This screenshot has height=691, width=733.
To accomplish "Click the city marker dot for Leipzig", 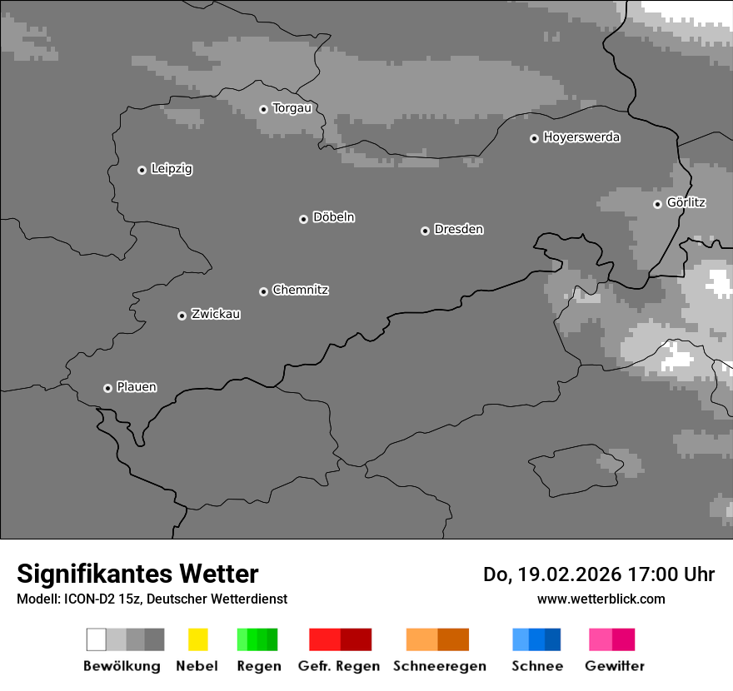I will (142, 170).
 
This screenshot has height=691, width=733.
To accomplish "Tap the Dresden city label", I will (458, 229).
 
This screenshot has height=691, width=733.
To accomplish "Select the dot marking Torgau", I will (263, 109).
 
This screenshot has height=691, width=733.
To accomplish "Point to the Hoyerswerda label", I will (581, 137).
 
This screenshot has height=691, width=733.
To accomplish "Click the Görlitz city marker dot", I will (657, 204).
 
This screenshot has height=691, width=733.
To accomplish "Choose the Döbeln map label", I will (333, 217).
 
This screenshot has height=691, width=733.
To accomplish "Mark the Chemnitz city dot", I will (263, 291).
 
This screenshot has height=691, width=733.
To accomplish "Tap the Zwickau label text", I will (216, 314).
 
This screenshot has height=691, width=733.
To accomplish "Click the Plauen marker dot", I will (107, 388).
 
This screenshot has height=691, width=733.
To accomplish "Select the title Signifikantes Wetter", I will (137, 574).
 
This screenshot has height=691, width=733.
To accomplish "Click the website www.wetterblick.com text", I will (601, 599).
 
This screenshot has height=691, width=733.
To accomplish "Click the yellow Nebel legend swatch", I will (197, 639).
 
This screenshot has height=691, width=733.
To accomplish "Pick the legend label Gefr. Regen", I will (339, 666).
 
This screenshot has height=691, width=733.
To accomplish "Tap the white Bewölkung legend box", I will (97, 639).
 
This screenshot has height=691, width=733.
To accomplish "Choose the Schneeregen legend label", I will (439, 666).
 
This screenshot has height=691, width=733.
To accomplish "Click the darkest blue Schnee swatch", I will (553, 639).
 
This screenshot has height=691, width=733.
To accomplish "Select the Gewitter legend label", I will (615, 666).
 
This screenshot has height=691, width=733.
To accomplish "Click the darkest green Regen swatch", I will (272, 639).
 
